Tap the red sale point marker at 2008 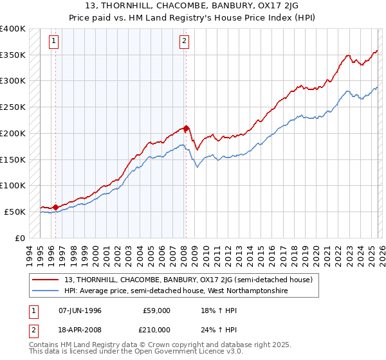(x=186, y=128)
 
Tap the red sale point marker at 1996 (x=55, y=207)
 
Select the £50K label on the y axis (x=15, y=212)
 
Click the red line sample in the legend (x=45, y=280)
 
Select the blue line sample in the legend (x=45, y=291)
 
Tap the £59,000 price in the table (x=156, y=310)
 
